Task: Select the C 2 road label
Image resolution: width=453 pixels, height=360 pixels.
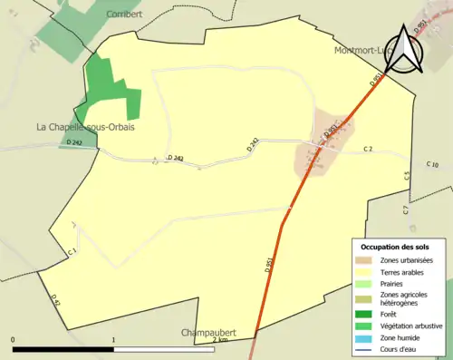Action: click(x=368, y=148)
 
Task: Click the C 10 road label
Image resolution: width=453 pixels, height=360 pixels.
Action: click(x=432, y=164)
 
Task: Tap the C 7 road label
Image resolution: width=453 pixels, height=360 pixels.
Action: click(x=406, y=209)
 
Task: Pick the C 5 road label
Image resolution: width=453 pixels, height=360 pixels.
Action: click(x=406, y=176)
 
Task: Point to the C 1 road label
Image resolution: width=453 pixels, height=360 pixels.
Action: click(x=72, y=251)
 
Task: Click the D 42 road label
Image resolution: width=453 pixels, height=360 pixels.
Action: click(x=55, y=299)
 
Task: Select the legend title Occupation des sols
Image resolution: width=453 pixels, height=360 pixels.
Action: click(x=395, y=247)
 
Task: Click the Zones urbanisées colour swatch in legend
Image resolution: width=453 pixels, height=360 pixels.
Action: click(x=363, y=260)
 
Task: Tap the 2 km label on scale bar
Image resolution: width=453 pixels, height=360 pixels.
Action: click(x=219, y=339)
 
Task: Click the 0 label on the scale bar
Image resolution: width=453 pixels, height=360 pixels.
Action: click(x=13, y=339)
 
